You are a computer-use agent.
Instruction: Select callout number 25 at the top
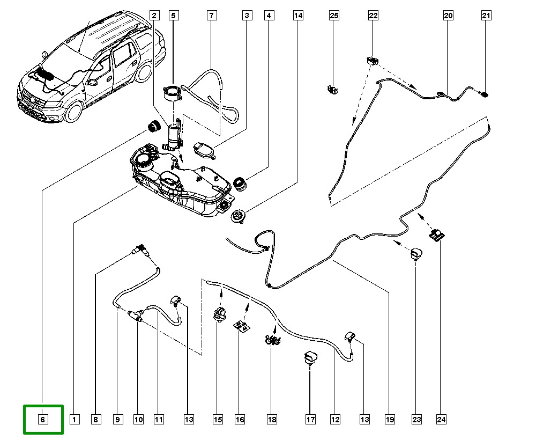(x=334, y=16)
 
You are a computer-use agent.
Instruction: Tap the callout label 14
(x=298, y=16)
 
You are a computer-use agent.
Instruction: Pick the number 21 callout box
(x=486, y=16)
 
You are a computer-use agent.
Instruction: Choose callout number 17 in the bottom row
(x=310, y=419)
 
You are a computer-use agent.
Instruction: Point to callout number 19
(x=389, y=419)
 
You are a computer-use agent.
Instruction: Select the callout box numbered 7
(x=212, y=16)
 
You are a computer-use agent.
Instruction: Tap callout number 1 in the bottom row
(x=74, y=419)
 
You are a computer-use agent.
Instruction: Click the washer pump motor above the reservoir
(x=174, y=135)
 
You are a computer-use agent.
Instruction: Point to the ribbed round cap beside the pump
(x=155, y=127)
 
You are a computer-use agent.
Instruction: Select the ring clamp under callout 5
(x=174, y=93)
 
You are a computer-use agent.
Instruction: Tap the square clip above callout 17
(x=310, y=357)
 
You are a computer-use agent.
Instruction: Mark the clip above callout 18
(x=273, y=339)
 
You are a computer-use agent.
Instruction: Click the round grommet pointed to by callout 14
(x=236, y=216)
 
